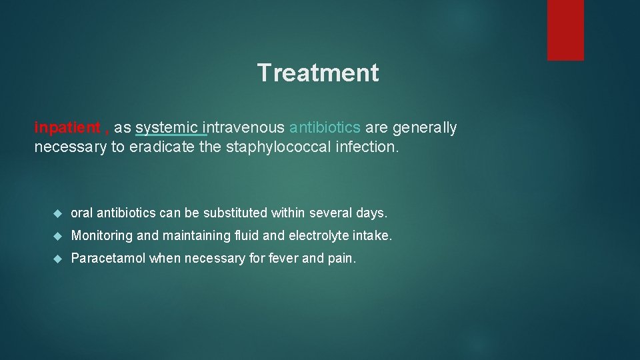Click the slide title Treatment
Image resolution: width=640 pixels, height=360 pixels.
[x=318, y=73]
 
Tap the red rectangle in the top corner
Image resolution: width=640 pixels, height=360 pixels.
[x=565, y=30]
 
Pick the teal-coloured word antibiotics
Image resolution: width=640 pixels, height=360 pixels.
[x=325, y=128]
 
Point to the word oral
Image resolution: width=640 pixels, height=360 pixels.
[x=82, y=213]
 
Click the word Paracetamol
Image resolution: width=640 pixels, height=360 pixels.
[x=108, y=258]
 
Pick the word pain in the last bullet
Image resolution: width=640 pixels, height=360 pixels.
[x=341, y=258]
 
